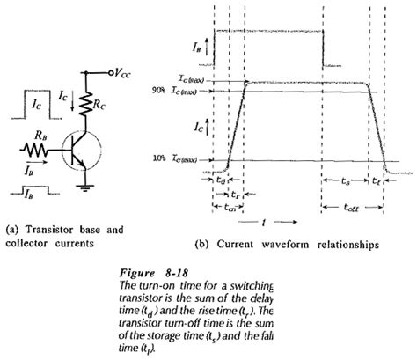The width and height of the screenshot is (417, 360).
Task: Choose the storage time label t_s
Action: tap(346, 177)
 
